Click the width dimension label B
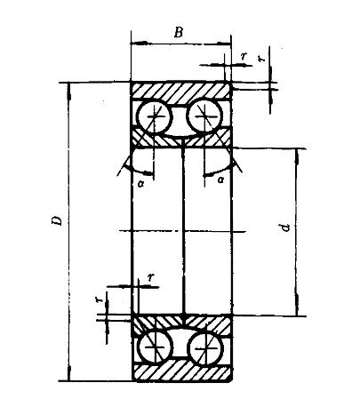(179, 32)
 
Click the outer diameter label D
(57, 220)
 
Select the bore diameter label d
(284, 227)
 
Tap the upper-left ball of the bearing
(155, 116)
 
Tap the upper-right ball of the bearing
(204, 116)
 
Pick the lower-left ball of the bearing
(156, 347)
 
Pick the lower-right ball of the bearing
(205, 348)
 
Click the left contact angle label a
(141, 183)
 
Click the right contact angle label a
(220, 180)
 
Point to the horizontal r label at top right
(244, 56)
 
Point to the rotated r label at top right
(261, 58)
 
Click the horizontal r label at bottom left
(151, 277)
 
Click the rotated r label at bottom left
(100, 299)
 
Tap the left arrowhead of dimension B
(139, 44)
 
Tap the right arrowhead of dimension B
(223, 44)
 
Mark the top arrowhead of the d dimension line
(297, 156)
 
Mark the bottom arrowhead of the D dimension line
(69, 372)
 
